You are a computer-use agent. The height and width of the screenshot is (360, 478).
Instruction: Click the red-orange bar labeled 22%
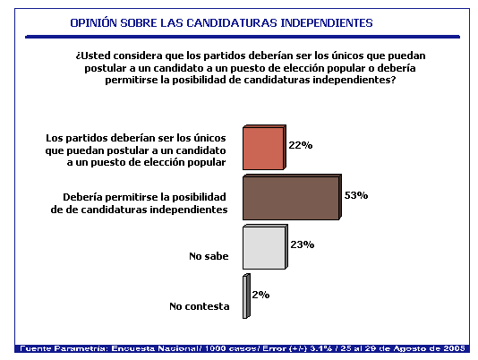coord(264,147)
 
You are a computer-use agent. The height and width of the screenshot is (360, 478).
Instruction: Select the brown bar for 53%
coord(292,197)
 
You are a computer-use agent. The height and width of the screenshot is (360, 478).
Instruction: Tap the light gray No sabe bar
coord(265,247)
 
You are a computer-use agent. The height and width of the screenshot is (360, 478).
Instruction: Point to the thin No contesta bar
coord(246,296)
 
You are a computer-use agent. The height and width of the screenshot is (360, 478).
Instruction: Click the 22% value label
coord(301,145)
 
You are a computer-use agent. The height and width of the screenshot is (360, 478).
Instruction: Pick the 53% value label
coord(356,195)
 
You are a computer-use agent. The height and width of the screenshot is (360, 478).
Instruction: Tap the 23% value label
coord(302,244)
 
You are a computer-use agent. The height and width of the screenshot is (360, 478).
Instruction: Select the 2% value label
coord(260,295)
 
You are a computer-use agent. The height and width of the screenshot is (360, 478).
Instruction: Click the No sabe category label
coord(209,256)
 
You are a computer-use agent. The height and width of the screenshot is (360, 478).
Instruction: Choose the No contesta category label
coord(200,306)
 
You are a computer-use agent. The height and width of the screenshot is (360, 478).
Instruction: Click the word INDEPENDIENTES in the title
coord(327,23)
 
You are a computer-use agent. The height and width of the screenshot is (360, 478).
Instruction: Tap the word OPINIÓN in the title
coord(93,23)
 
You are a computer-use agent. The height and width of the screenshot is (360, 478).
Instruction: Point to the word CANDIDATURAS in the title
coord(232,23)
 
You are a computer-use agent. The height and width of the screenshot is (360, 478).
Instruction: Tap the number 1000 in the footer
coord(216,348)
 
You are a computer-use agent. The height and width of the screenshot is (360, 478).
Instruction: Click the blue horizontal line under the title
coord(243,37)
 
